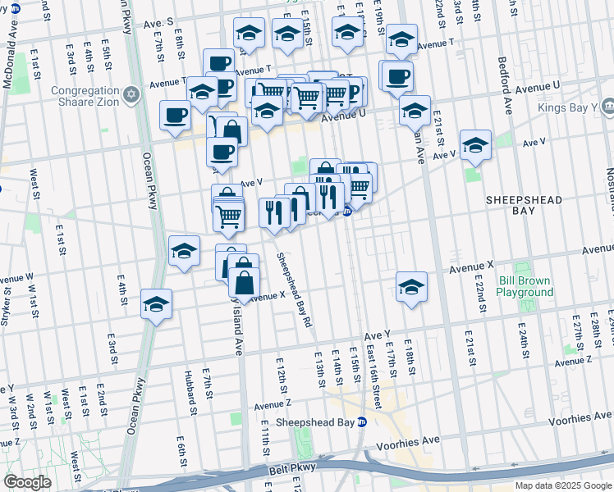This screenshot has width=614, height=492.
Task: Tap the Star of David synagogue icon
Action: tap(131, 96)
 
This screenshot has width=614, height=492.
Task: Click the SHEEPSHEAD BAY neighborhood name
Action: tap(523, 204)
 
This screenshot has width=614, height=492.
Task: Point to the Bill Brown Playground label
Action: tap(525, 286)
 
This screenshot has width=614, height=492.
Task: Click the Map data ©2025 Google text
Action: tap(563, 485)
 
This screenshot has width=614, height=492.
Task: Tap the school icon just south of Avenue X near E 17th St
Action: tap(411, 287)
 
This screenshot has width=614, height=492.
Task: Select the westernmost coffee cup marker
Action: tap(174, 116)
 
